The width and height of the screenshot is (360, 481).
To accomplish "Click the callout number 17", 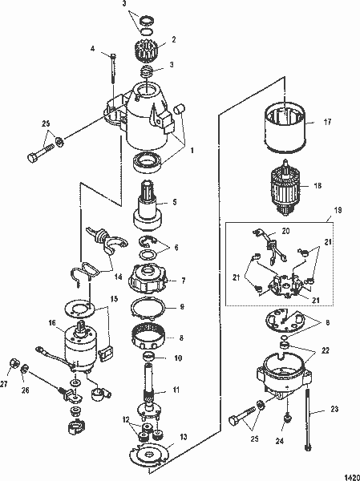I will coord(327,123).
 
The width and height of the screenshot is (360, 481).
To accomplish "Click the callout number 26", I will coord(25,390).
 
